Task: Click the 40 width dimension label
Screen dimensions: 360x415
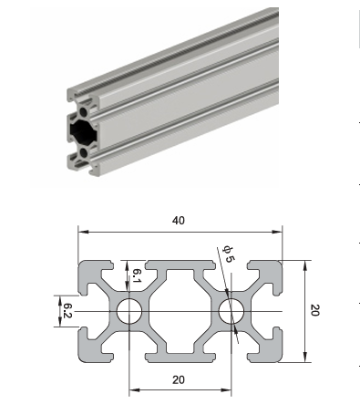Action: click(179, 221)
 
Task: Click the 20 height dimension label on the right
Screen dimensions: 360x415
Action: click(315, 310)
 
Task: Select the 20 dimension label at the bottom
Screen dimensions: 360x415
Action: click(179, 379)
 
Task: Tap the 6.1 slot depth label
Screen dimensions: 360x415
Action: click(137, 275)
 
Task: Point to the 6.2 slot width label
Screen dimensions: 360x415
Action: click(67, 311)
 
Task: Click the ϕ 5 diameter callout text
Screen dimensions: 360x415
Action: click(229, 254)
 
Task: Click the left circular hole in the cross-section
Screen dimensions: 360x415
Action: click(129, 311)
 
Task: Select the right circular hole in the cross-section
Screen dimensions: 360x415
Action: click(231, 311)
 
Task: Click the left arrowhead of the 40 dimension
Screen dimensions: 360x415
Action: click(83, 232)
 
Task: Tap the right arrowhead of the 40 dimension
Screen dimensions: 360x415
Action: click(277, 232)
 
